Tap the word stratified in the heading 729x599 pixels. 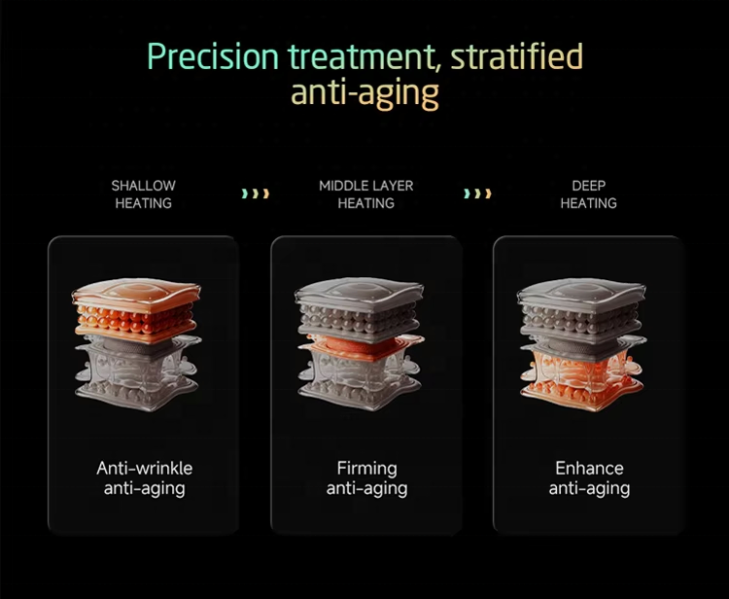click(519, 56)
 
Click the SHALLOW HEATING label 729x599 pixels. click(143, 194)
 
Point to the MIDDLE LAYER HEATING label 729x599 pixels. click(366, 194)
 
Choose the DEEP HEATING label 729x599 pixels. click(588, 194)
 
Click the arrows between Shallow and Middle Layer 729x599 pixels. click(255, 194)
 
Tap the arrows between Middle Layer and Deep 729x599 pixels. click(477, 194)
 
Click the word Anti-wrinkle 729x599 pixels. click(144, 469)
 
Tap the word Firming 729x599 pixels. click(366, 469)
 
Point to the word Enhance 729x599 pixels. click(589, 469)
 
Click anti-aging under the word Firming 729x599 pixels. click(366, 489)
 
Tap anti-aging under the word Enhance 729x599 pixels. click(589, 489)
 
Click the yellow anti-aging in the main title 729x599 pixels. click(365, 93)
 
